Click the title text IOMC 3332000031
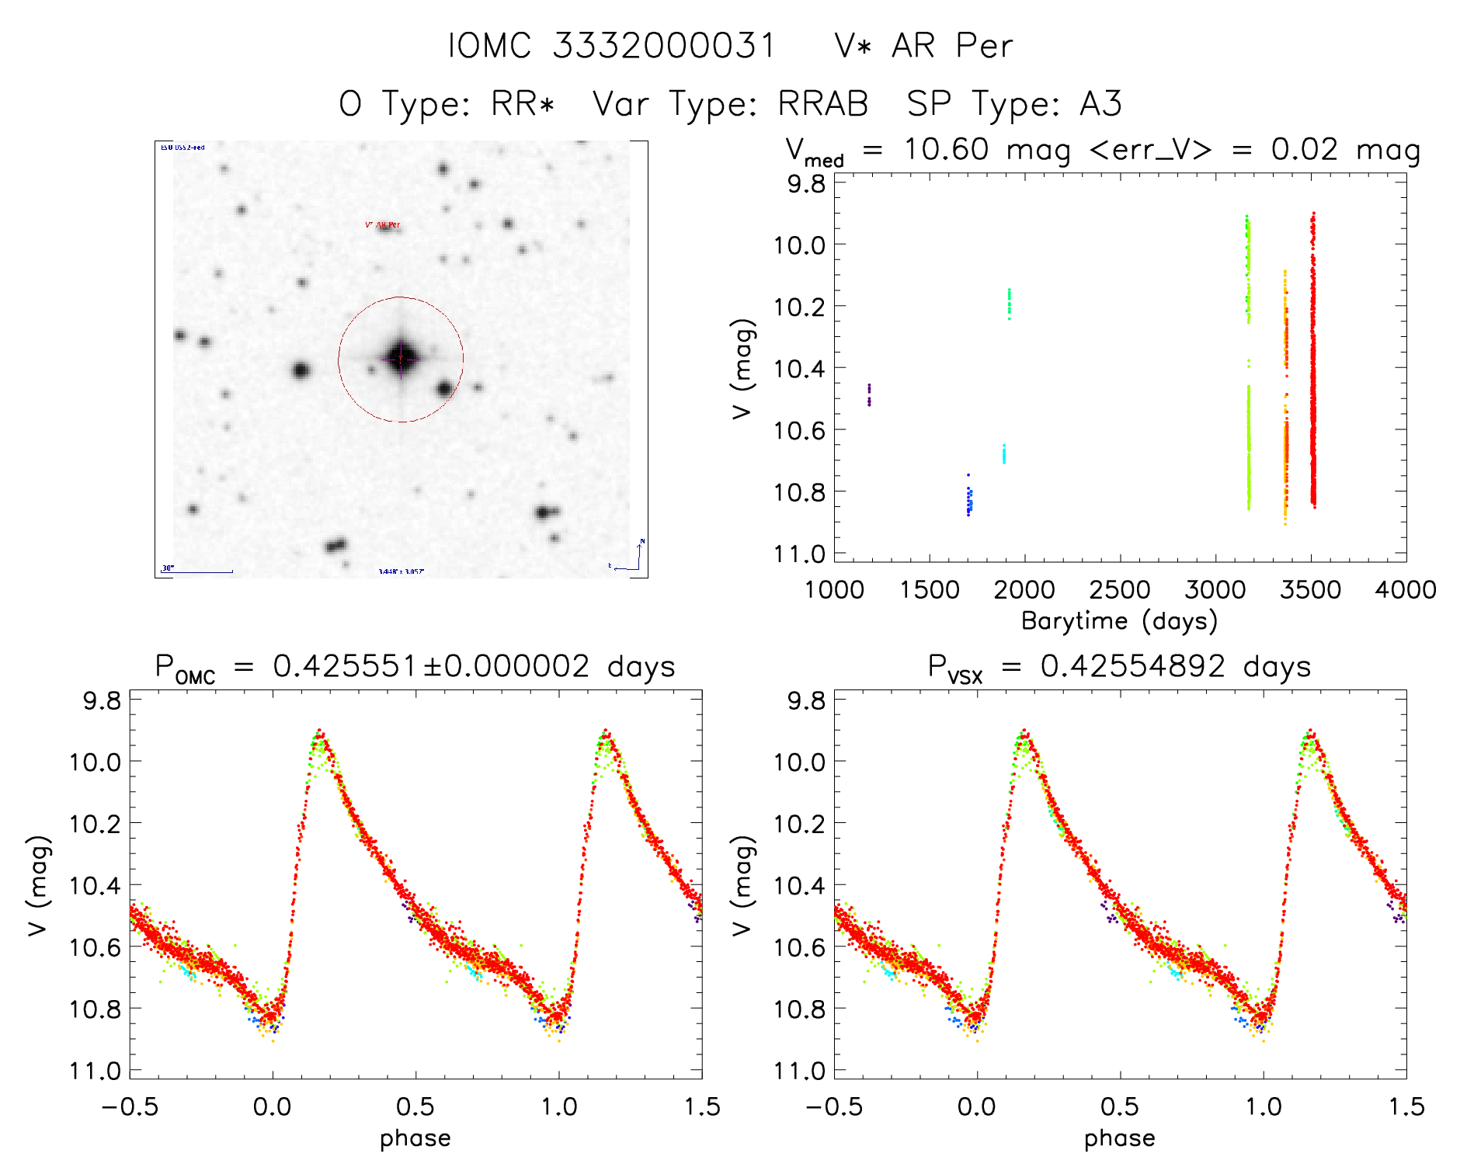[612, 47]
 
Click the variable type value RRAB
[823, 104]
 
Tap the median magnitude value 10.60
[946, 149]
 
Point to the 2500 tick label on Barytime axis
[1120, 590]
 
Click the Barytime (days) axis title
[1119, 621]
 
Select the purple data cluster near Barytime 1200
[869, 394]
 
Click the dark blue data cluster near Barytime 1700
[968, 499]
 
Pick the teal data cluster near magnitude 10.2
[1009, 304]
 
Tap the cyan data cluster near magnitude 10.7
[1003, 454]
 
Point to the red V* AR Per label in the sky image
[383, 225]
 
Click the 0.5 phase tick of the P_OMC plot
[415, 1107]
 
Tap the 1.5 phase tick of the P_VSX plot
[1406, 1107]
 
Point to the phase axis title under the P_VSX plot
[1119, 1138]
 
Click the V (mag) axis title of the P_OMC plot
[38, 885]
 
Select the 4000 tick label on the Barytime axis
[1406, 590]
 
